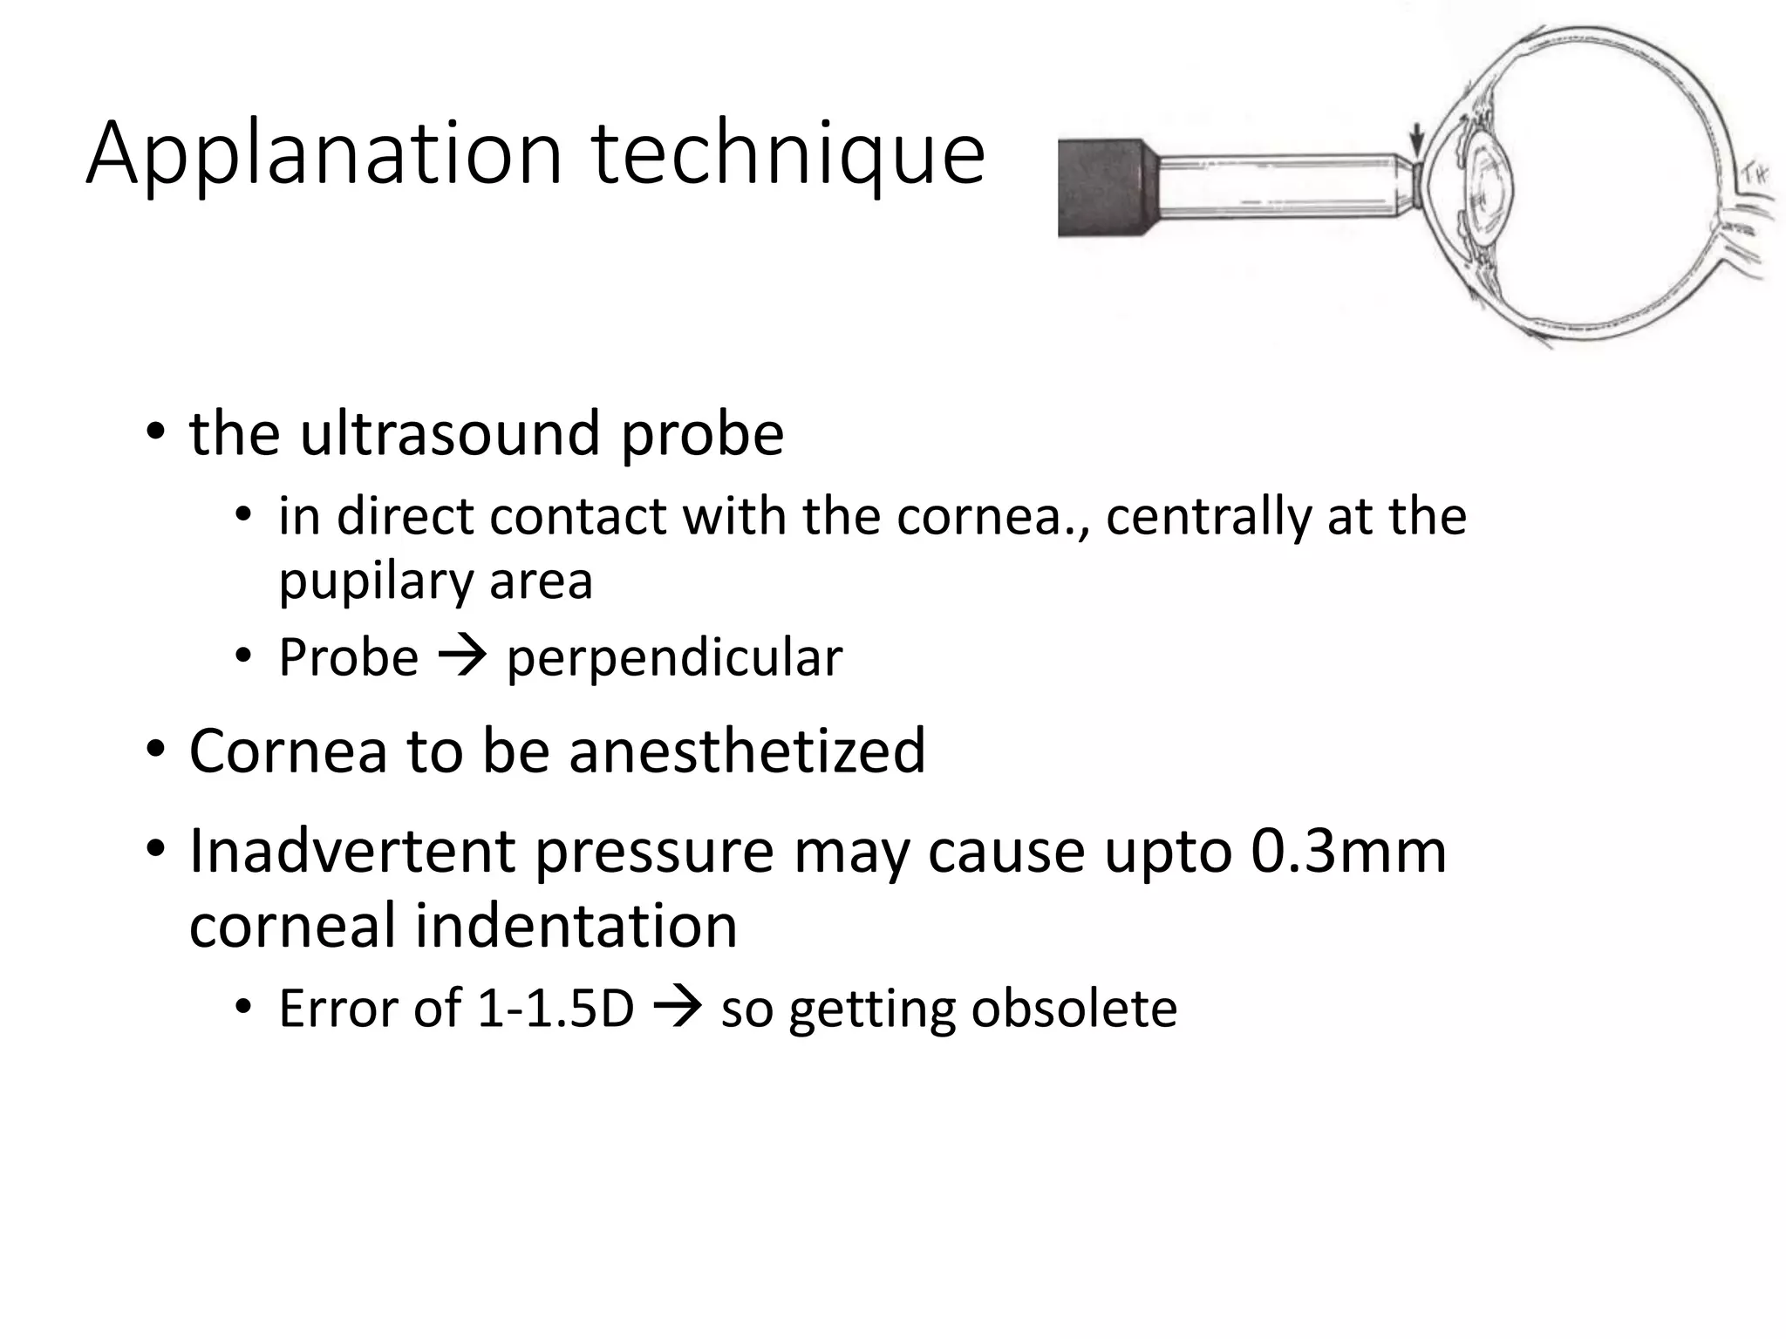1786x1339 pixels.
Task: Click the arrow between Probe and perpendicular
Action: click(x=462, y=656)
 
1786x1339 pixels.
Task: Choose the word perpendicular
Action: click(x=674, y=659)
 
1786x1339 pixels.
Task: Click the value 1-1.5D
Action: click(x=556, y=1009)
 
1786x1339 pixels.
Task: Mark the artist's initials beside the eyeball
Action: click(x=1753, y=175)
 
